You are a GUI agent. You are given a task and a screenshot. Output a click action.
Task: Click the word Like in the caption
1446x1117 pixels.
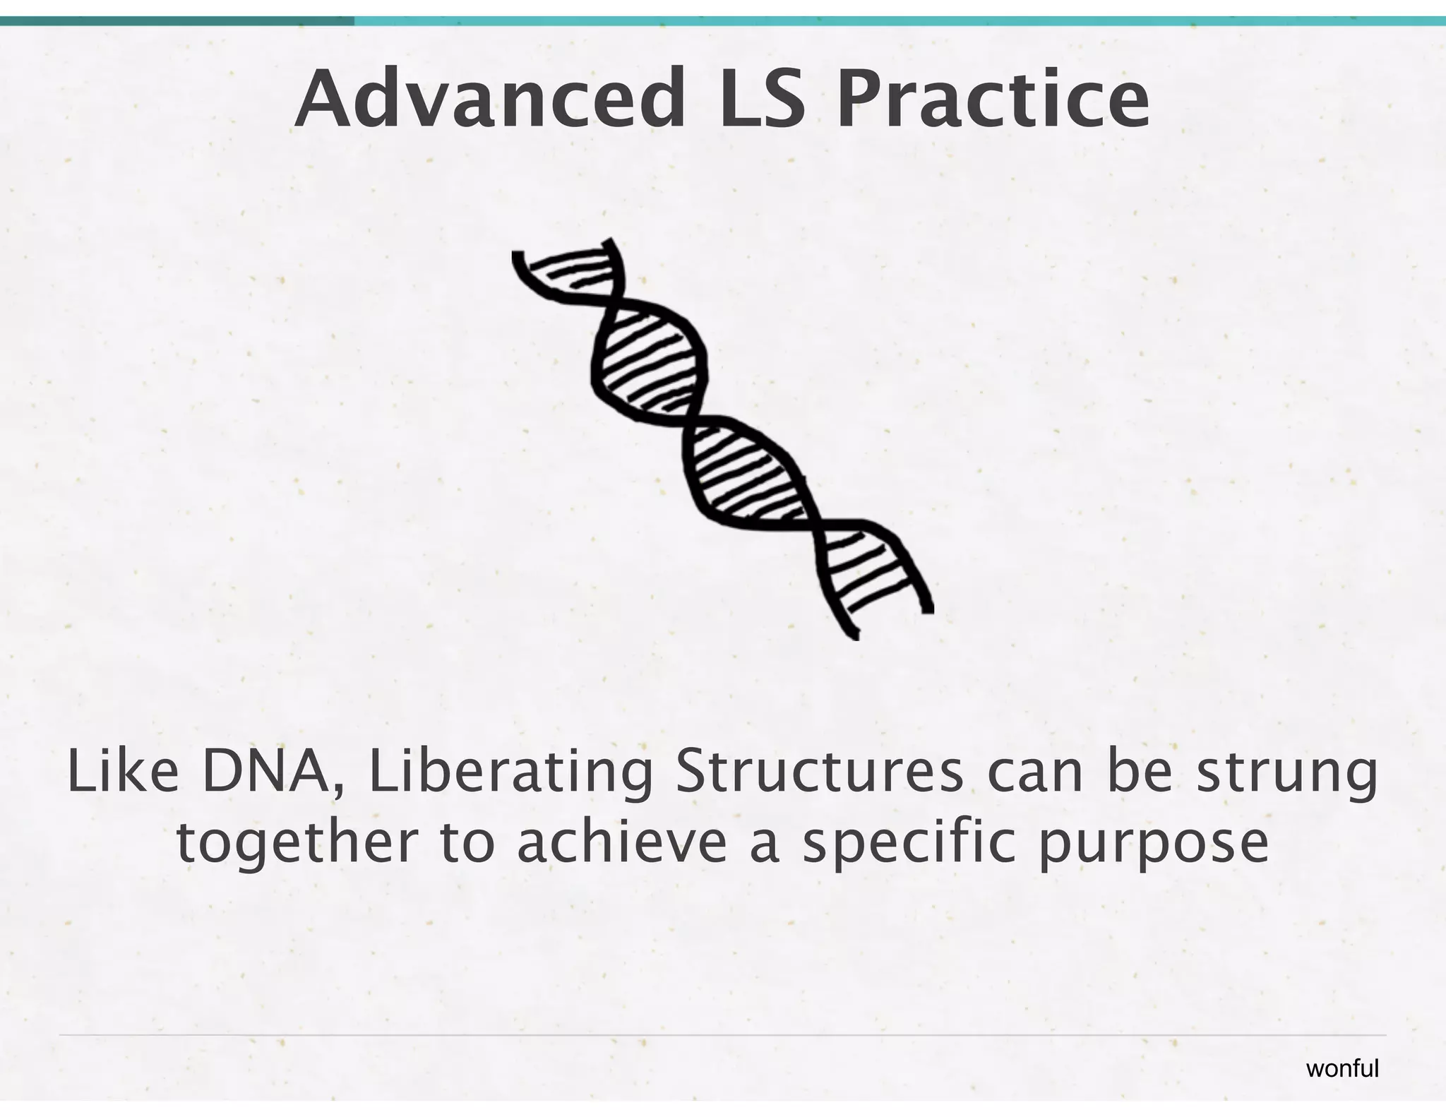pos(123,773)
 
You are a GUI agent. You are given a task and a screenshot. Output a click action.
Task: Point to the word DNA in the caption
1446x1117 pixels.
pos(265,773)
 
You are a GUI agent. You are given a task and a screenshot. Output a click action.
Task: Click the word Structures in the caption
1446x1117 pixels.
pos(818,773)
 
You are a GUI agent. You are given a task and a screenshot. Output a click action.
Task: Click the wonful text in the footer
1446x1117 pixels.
pos(1342,1068)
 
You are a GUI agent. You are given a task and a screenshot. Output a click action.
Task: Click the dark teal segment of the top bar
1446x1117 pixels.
pos(177,21)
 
